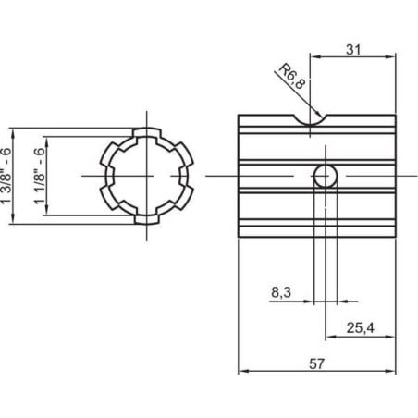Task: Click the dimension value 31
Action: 353,49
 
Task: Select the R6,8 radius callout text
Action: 292,76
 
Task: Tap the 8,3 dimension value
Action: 281,292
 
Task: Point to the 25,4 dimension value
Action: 360,328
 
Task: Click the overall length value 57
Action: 316,364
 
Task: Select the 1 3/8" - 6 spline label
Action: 6,176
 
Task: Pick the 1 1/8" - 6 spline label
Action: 40,176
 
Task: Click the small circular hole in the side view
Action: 326,176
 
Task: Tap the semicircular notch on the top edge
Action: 310,121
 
